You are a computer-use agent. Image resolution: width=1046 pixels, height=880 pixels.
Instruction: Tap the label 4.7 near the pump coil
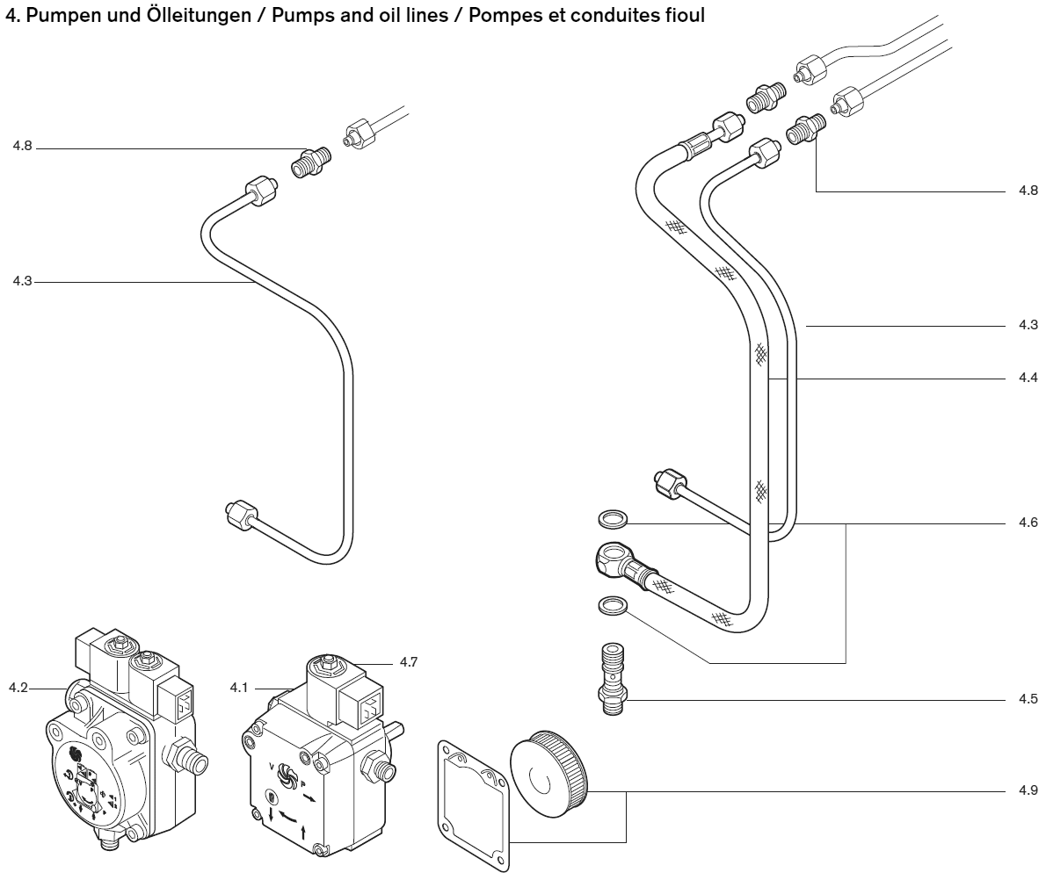coord(407,661)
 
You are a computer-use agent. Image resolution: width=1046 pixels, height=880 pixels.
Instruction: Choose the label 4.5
coord(1028,700)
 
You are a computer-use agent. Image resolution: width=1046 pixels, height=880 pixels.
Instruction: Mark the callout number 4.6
coord(1028,523)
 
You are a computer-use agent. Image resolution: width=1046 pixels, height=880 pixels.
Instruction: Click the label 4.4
coord(1028,378)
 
